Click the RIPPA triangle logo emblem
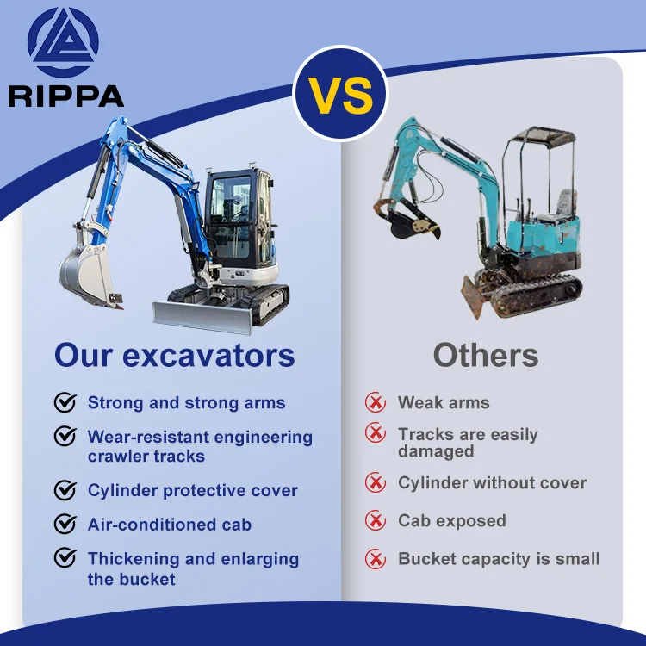(x=63, y=42)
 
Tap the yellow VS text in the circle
(x=341, y=96)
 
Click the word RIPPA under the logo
(x=66, y=96)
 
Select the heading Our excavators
(x=175, y=355)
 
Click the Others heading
(x=486, y=355)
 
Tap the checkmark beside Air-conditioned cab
(x=65, y=524)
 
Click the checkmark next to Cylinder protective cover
(x=65, y=490)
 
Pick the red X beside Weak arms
(x=376, y=402)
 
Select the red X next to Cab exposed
(x=376, y=520)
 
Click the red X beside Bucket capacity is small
(x=376, y=559)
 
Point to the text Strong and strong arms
(x=186, y=403)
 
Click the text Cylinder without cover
(x=492, y=483)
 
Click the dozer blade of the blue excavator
(x=202, y=316)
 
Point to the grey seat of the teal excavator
(x=565, y=203)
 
